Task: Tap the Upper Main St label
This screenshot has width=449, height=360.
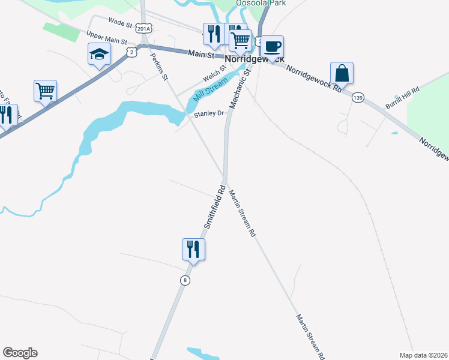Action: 107,38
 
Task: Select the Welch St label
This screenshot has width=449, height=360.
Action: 214,74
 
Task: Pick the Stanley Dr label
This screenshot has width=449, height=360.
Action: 208,113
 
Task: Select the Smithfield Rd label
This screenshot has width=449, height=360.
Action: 214,208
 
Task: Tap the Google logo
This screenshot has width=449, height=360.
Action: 20,353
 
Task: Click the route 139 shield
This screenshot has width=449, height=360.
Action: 358,97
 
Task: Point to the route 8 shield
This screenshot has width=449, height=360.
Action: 185,280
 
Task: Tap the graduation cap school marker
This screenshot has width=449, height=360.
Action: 98,55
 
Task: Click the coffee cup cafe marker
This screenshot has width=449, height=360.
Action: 272,47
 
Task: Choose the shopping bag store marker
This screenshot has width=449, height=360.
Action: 342,74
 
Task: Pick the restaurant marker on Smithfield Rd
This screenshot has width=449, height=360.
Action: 193,248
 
